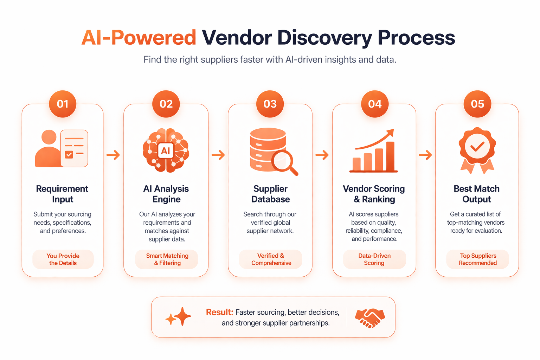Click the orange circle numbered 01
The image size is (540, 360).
coord(63,104)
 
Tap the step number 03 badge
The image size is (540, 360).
coord(270,104)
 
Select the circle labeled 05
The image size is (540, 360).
coord(477,104)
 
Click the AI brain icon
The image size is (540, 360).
coord(166,150)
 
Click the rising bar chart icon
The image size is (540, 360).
coord(374,152)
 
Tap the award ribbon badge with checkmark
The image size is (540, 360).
coord(477,149)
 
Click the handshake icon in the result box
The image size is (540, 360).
coord(370,317)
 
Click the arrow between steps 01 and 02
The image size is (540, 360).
coord(113,155)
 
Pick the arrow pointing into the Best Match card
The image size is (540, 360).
coord(425,155)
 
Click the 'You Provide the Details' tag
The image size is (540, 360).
coord(63,259)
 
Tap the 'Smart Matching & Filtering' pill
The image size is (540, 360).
coord(167,259)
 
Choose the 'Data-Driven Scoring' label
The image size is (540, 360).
coord(374,259)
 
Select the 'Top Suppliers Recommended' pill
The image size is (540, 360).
coord(478,259)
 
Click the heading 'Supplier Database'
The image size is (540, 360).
coord(270,194)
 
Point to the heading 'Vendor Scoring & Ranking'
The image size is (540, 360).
coord(374,194)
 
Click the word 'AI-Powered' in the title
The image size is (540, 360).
coord(139,38)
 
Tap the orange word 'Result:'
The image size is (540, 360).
coord(219,312)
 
